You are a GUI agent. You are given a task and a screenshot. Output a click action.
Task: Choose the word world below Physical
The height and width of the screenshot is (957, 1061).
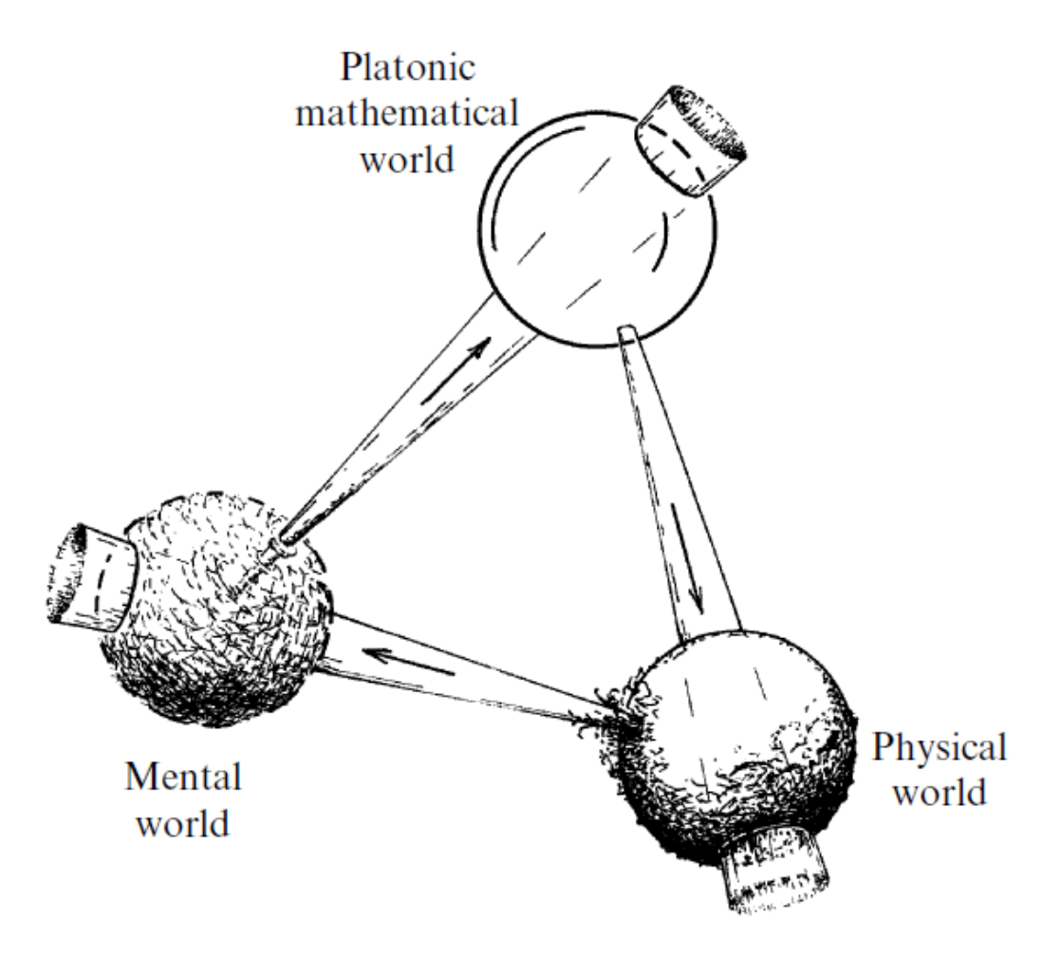tap(940, 791)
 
